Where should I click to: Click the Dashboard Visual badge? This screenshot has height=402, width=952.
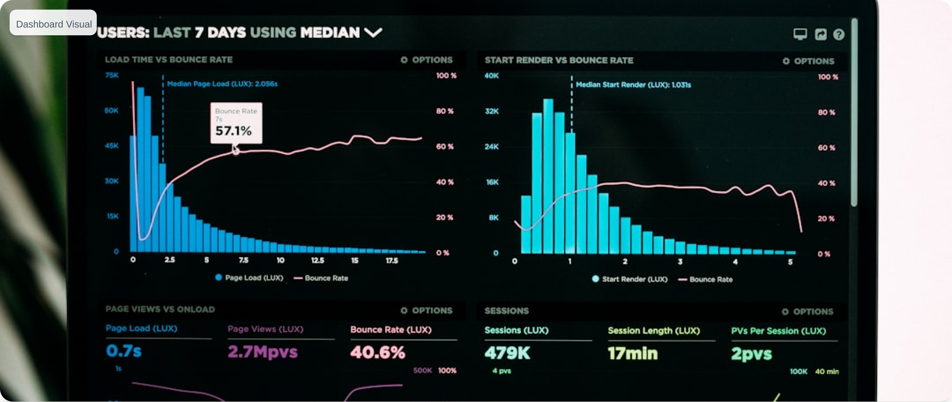click(53, 24)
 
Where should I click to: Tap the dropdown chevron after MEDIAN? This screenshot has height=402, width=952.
click(373, 33)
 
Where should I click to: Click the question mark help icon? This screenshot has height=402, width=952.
click(839, 35)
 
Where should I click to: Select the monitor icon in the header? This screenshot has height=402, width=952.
click(800, 35)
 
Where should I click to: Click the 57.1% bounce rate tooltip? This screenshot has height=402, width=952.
click(236, 123)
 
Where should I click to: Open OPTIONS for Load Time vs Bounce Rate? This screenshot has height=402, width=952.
click(427, 60)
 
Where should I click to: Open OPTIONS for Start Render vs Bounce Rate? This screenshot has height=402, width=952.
click(808, 61)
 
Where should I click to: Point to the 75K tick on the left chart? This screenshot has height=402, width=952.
click(112, 75)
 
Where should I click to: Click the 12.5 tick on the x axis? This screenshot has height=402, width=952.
click(317, 260)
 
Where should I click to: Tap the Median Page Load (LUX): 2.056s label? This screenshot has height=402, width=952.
click(222, 84)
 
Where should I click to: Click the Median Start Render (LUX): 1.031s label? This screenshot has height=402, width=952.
click(633, 85)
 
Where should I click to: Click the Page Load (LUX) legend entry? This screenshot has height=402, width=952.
click(249, 278)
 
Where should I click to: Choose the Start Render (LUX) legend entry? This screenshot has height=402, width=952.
click(630, 279)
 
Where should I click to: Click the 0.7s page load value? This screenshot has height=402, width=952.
click(124, 351)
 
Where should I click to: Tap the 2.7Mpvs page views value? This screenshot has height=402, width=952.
click(263, 352)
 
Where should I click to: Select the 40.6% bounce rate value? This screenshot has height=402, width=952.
click(378, 353)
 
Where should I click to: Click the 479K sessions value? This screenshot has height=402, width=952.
click(507, 353)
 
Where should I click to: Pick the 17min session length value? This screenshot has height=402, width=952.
click(632, 354)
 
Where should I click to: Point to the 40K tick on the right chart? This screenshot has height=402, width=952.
click(492, 76)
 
